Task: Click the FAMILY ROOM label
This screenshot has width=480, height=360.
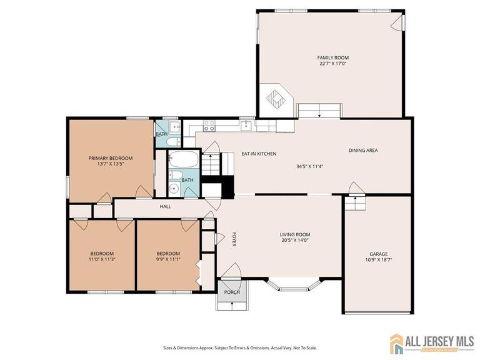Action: click(332, 57)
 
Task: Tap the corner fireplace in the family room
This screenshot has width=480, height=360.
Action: click(276, 99)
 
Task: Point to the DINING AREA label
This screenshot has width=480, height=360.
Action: click(362, 150)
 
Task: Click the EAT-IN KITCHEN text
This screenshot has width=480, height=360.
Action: click(259, 154)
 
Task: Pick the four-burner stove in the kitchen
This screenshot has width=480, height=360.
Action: click(209, 126)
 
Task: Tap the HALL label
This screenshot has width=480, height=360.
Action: click(165, 206)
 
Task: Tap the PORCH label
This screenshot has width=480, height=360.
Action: click(232, 292)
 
